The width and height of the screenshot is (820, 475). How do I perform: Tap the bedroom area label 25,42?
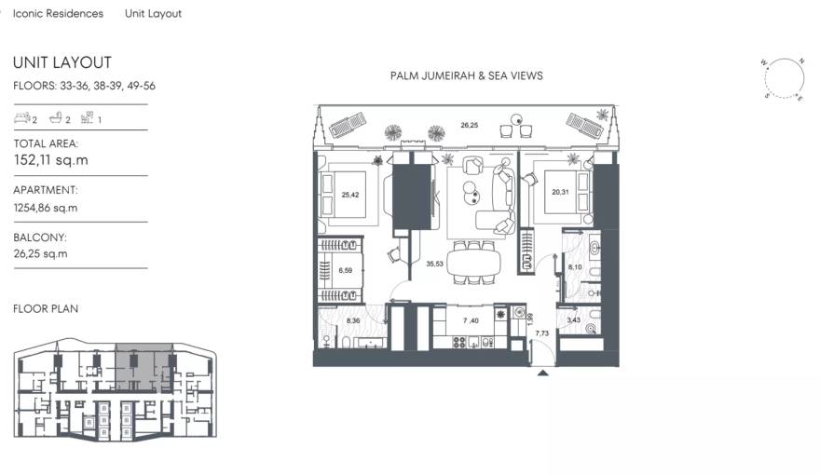coord(350,196)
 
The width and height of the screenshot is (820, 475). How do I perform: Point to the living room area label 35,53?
coord(434,265)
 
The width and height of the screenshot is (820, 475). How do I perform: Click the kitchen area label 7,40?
coord(471,320)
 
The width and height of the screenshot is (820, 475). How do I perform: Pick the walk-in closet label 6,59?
coord(345,271)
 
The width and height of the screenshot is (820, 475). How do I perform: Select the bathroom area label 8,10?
coord(575,267)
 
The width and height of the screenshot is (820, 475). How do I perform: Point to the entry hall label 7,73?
coord(541,332)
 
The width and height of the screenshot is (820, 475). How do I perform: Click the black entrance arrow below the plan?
coord(542,373)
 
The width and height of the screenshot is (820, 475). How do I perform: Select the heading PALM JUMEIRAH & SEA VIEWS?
coord(466,76)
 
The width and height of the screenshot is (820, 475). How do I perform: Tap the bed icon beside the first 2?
coord(21,119)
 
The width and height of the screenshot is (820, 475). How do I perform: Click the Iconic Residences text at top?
coord(58,14)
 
